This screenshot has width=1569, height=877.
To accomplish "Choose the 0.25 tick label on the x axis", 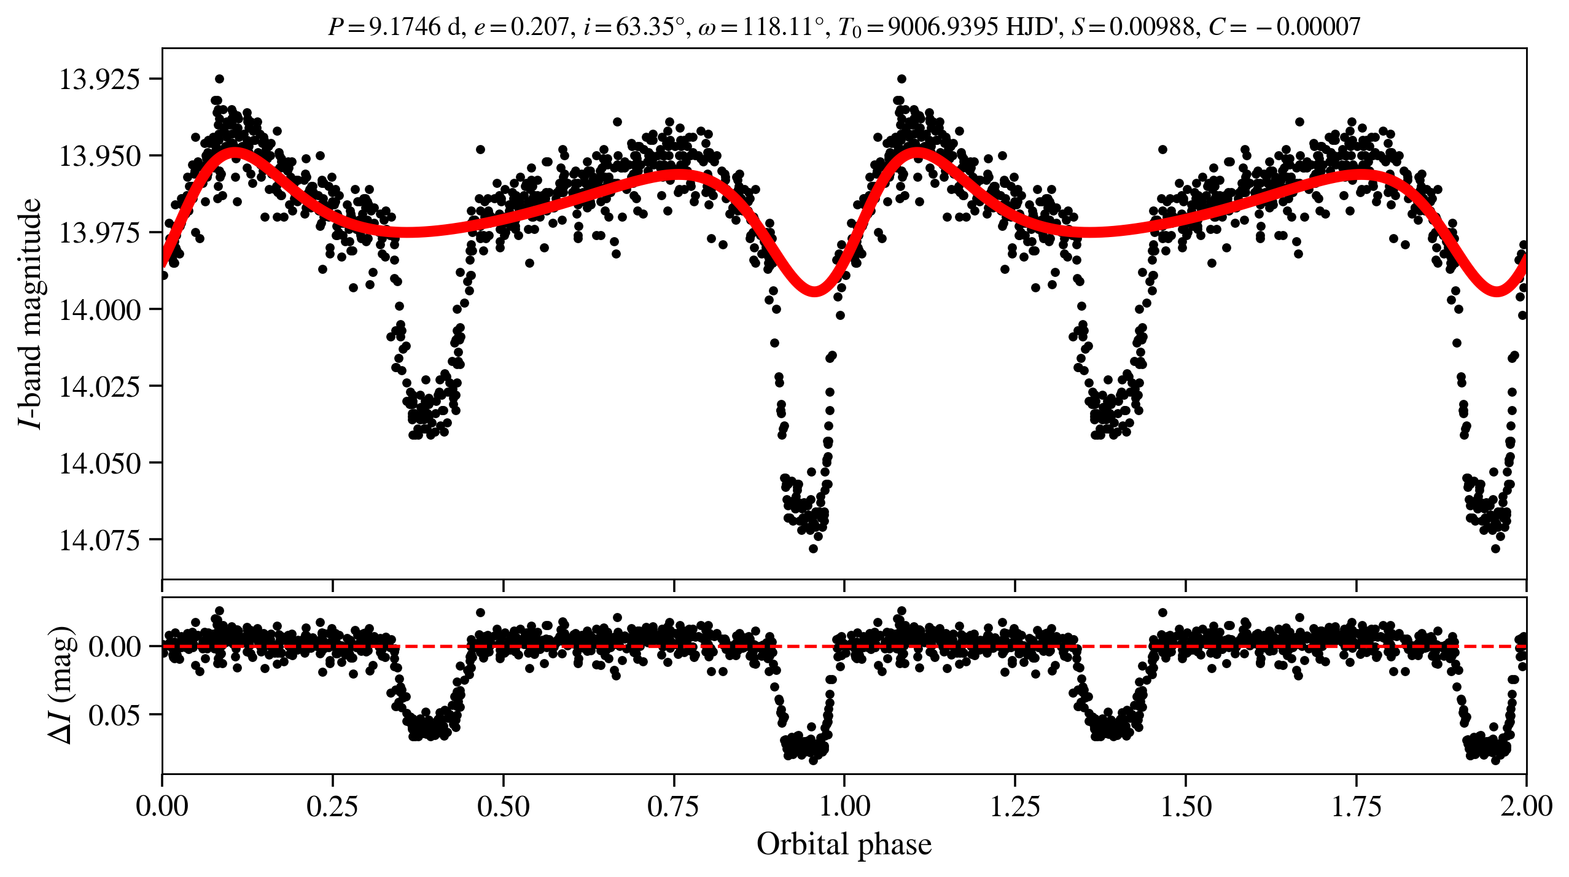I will pos(332,806).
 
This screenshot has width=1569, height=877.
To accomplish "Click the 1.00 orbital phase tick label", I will pos(844,806).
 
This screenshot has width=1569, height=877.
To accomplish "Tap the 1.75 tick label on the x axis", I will pos(1356,806).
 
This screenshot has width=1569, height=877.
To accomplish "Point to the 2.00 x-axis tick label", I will pos(1526,806).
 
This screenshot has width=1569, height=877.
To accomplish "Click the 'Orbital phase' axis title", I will pos(844,844).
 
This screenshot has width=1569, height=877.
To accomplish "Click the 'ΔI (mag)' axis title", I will pos(61,685).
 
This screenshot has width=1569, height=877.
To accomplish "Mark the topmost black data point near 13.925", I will pos(219,79).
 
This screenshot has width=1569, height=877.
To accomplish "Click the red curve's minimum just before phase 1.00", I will pos(814,289).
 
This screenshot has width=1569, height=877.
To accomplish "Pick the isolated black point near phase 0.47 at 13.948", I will pos(480,149).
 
